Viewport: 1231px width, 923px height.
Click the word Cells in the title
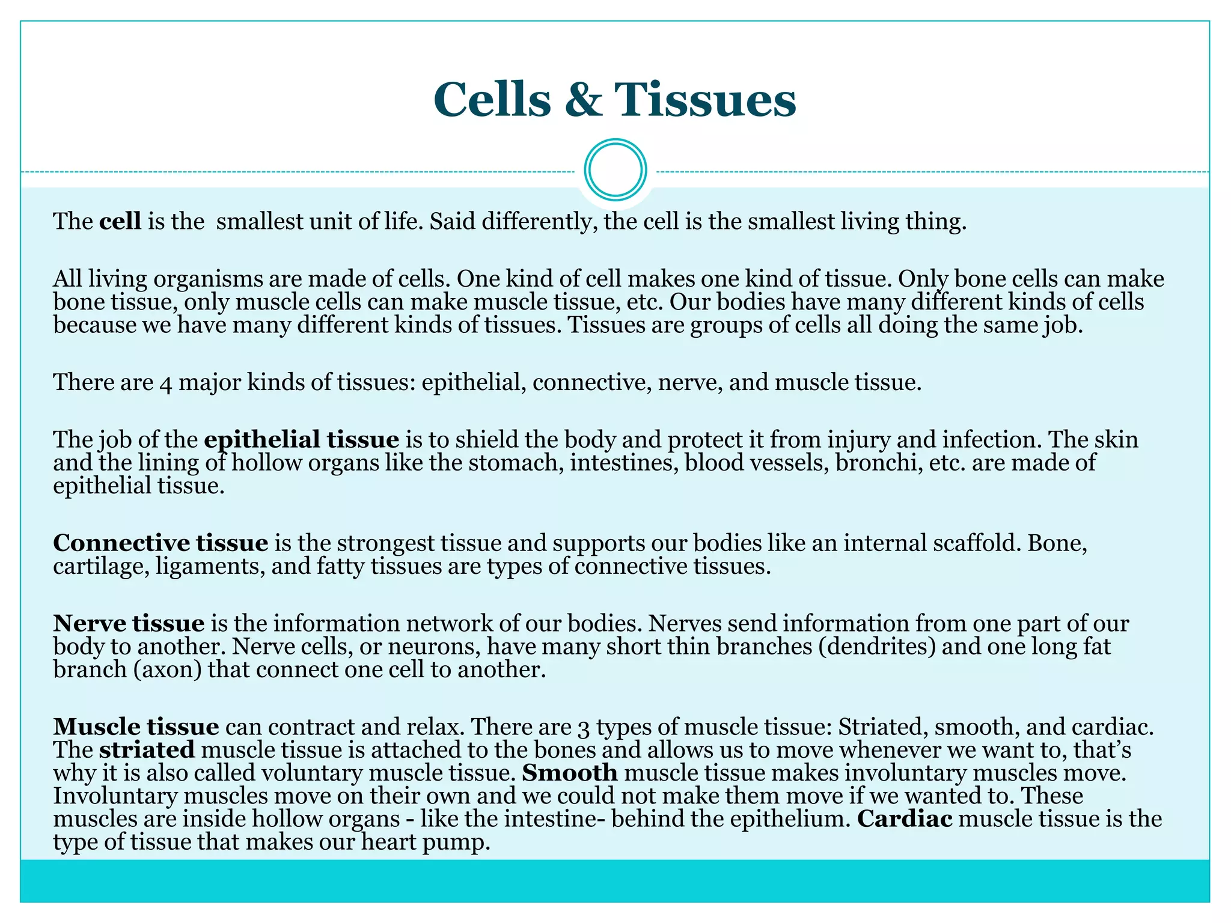click(492, 99)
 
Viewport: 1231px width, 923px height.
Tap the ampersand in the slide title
click(582, 99)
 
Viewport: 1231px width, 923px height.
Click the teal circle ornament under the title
click(615, 169)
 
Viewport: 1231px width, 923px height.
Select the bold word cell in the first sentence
click(120, 221)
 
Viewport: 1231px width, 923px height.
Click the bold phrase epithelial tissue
click(301, 439)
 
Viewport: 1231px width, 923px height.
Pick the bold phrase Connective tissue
click(160, 543)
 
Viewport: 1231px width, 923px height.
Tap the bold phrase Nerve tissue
click(129, 623)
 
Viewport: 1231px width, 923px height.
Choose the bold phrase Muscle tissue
click(136, 727)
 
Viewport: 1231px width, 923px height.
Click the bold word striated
click(147, 750)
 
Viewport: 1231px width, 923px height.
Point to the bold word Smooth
click(570, 773)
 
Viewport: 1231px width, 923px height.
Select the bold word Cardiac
click(905, 819)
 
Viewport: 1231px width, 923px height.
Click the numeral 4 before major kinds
click(166, 383)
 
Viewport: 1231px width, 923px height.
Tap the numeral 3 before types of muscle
click(583, 728)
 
